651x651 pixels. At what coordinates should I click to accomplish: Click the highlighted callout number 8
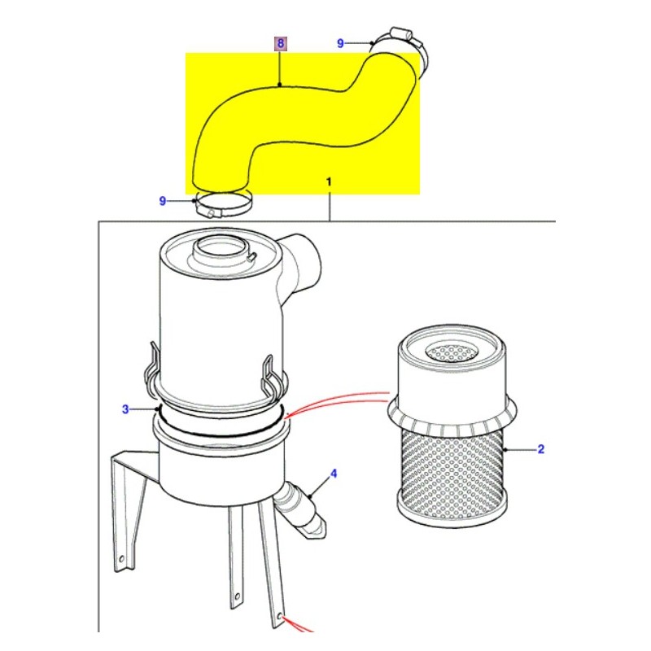point(280,43)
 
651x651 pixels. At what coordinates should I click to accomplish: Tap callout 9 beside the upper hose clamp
point(342,42)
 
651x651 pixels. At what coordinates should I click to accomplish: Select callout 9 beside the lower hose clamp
point(163,201)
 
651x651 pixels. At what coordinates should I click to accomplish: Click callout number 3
point(125,409)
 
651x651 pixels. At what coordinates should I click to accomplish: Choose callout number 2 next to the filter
point(540,448)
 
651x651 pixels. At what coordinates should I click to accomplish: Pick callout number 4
point(333,473)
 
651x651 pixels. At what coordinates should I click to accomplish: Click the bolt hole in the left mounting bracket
point(120,561)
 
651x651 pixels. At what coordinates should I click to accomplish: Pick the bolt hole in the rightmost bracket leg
point(282,616)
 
